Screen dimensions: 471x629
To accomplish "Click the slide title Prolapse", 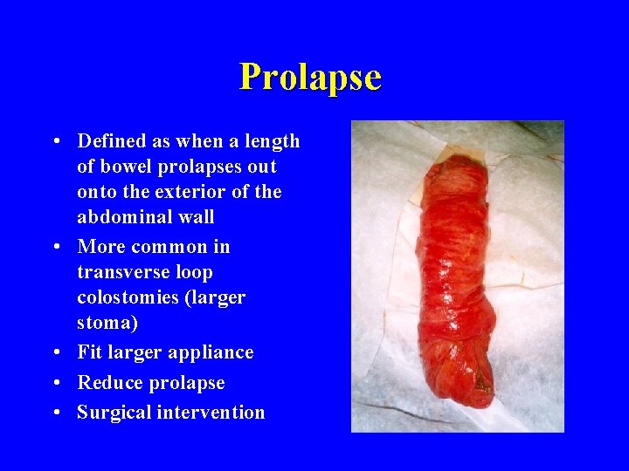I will pyautogui.click(x=310, y=77).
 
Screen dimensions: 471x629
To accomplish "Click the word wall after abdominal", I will pyautogui.click(x=195, y=217).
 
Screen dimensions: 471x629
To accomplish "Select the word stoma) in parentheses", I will pyautogui.click(x=107, y=323).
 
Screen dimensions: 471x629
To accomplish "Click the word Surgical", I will pyautogui.click(x=114, y=413).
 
